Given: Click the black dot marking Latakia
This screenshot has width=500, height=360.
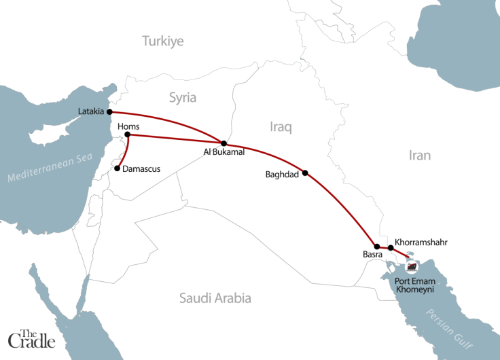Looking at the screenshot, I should [x=109, y=112].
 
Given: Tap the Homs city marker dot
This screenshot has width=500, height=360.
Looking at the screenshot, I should [x=128, y=135].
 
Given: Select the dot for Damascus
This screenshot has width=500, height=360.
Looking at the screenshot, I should [x=118, y=168].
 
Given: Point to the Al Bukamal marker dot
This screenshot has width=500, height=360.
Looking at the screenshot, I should [x=224, y=143].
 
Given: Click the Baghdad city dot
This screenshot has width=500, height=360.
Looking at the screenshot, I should [x=305, y=173].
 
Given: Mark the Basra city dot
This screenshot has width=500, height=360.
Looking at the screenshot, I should [x=377, y=247].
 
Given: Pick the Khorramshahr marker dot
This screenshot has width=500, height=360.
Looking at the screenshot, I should [x=390, y=248].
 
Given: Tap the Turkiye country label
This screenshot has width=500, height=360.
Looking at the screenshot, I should [x=163, y=41].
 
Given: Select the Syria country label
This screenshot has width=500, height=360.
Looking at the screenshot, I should [x=182, y=98].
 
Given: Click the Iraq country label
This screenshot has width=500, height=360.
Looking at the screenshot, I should [x=280, y=126].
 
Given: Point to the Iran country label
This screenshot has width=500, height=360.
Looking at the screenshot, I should [x=419, y=156].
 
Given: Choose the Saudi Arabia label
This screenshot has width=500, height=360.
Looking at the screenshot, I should [x=215, y=298].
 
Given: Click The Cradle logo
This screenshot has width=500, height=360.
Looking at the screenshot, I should [x=32, y=337].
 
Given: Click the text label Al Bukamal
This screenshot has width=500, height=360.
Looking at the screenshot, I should [x=224, y=153].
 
